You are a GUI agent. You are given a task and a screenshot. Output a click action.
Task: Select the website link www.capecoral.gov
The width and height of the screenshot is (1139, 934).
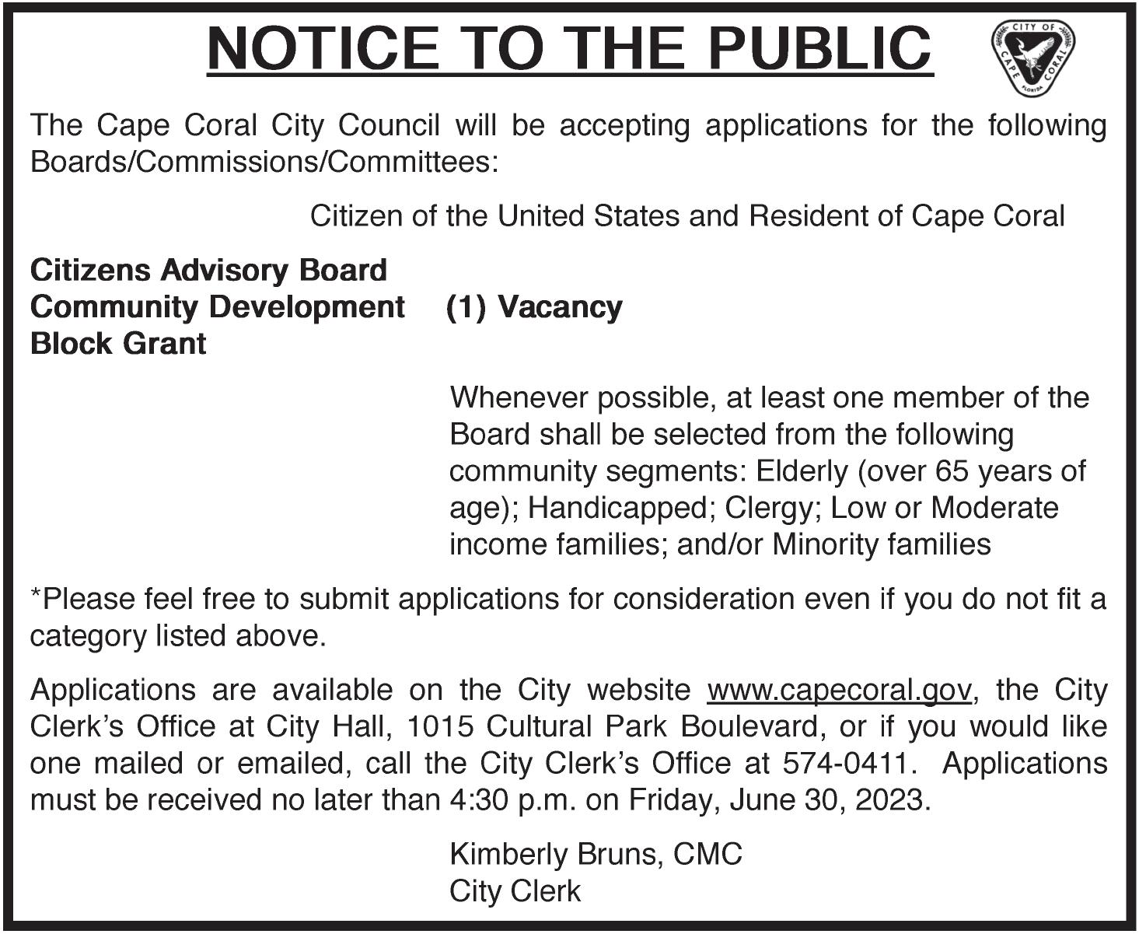coord(839,690)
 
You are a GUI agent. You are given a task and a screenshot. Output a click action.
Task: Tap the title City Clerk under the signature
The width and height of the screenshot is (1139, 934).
coord(515,891)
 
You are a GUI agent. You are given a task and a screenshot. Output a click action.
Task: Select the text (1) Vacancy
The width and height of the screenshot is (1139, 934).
coord(534,307)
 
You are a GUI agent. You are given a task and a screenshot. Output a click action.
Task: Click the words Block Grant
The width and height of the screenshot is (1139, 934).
coord(118,344)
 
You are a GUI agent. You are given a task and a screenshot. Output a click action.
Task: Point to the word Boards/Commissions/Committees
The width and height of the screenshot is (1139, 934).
coord(264,163)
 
